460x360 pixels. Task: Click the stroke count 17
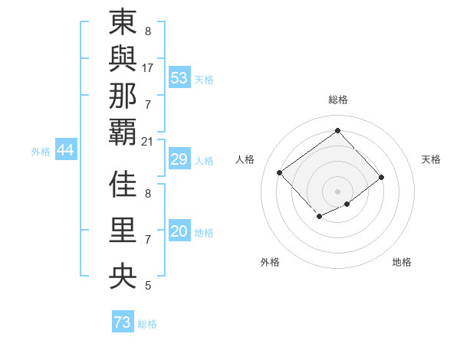tap(148, 67)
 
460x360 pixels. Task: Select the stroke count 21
tap(148, 141)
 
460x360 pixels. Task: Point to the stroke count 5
tap(148, 286)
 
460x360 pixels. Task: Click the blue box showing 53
tap(179, 78)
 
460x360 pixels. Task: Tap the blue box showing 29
tap(179, 159)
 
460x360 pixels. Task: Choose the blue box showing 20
tap(179, 232)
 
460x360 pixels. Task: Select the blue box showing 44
tap(65, 150)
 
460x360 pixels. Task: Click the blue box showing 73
tap(123, 322)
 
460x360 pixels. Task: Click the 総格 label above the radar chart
tap(337, 100)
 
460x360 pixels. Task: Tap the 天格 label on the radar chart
tap(431, 159)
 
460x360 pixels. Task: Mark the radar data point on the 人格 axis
tap(280, 172)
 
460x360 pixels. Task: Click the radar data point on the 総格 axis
tap(337, 130)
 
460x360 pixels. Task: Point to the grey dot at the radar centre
tap(337, 191)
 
